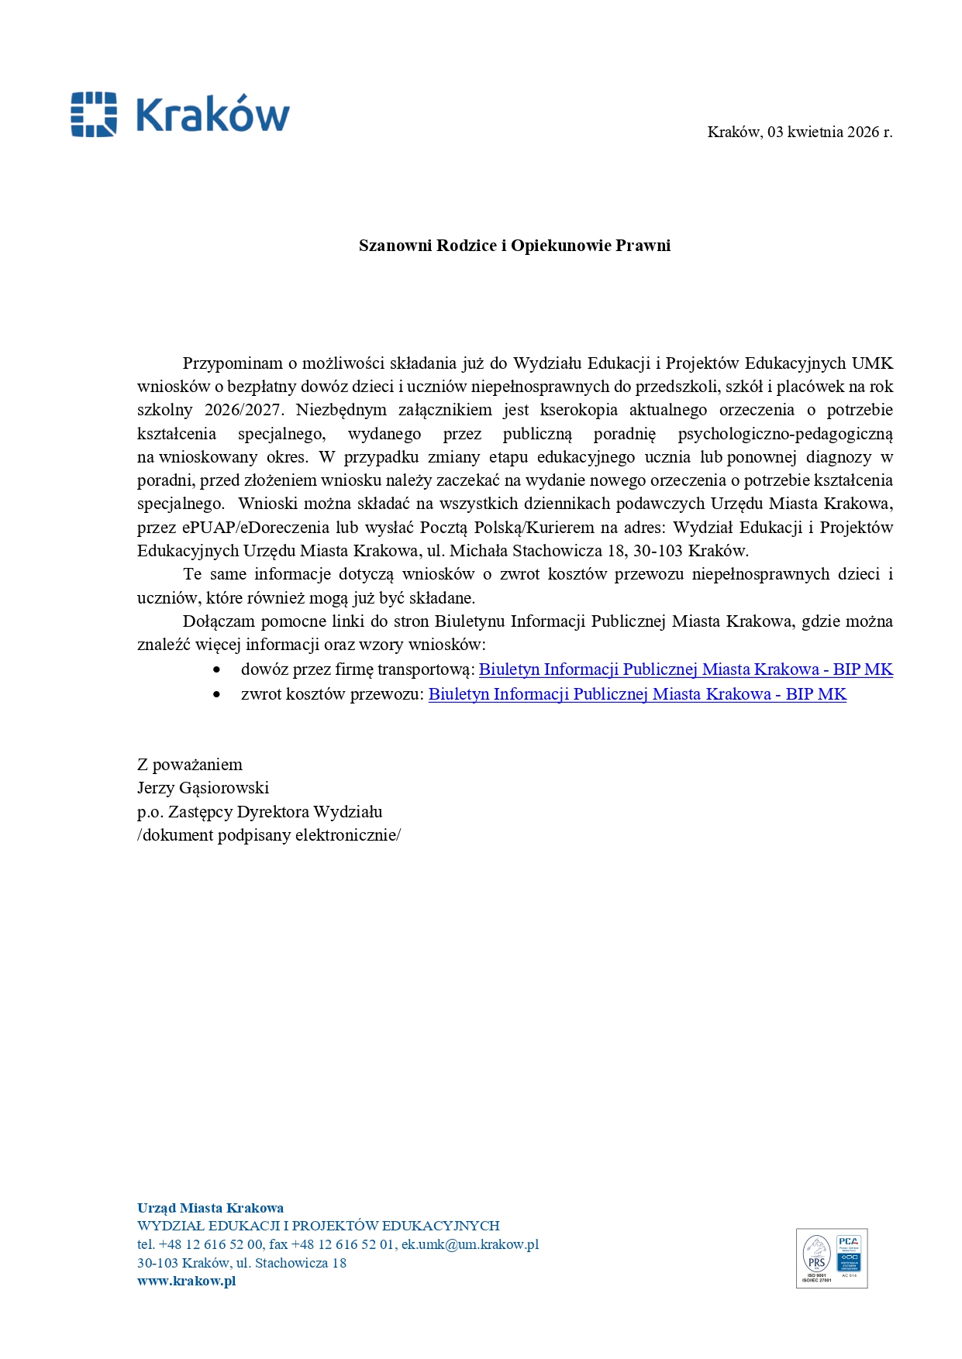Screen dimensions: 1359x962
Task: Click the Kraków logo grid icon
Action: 94,115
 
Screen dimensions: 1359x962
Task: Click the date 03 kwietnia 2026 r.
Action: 829,132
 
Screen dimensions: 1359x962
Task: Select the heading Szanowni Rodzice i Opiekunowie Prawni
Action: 514,246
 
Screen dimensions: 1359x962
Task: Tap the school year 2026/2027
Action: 244,410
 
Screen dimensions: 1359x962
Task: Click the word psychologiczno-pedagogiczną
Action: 784,434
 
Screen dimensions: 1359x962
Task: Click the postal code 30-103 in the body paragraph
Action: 658,551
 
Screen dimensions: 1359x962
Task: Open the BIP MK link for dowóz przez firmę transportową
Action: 685,669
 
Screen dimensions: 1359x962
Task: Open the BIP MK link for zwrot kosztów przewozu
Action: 636,694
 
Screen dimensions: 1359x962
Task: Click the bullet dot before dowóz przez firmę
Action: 217,669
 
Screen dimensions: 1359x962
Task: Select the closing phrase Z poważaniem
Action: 190,765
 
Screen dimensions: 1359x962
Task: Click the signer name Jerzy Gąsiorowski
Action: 203,788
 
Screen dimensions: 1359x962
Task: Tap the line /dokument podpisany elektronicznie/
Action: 269,835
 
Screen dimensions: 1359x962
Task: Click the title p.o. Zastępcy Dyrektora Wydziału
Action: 260,812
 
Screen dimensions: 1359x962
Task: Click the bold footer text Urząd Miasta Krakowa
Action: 210,1208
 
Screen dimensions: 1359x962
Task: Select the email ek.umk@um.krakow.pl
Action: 470,1244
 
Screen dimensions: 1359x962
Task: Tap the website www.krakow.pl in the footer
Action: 186,1281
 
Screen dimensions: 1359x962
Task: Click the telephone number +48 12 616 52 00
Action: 211,1244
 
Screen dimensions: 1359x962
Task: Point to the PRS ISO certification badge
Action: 816,1258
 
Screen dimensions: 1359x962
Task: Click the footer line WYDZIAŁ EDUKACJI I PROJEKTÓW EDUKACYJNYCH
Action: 318,1226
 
